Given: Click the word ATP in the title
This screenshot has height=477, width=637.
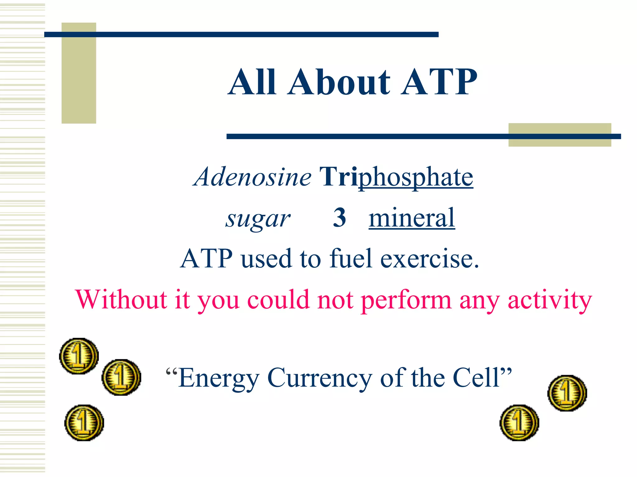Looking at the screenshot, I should (x=439, y=82).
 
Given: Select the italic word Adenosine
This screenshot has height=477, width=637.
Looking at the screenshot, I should (x=252, y=177).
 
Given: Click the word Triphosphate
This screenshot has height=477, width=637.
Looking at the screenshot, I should (x=396, y=177).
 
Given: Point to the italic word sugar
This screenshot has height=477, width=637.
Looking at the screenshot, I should (x=258, y=219).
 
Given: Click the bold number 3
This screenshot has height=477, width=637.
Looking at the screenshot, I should (x=339, y=218).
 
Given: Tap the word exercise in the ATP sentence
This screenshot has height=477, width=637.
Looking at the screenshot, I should (x=430, y=259).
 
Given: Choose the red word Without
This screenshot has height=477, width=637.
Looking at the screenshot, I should (x=121, y=299).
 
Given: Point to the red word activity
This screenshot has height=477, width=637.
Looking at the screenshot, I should (x=550, y=300).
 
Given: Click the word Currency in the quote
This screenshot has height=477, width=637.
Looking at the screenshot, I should (x=320, y=378).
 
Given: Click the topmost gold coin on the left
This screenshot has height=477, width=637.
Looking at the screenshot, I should (x=79, y=356).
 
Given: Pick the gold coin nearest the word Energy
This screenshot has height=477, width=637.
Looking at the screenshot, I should (x=121, y=377).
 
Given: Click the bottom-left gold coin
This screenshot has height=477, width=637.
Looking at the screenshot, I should (x=84, y=423).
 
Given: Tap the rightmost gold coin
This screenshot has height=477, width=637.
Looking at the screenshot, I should (x=567, y=393).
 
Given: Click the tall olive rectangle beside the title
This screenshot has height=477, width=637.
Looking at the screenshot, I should (x=79, y=73).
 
